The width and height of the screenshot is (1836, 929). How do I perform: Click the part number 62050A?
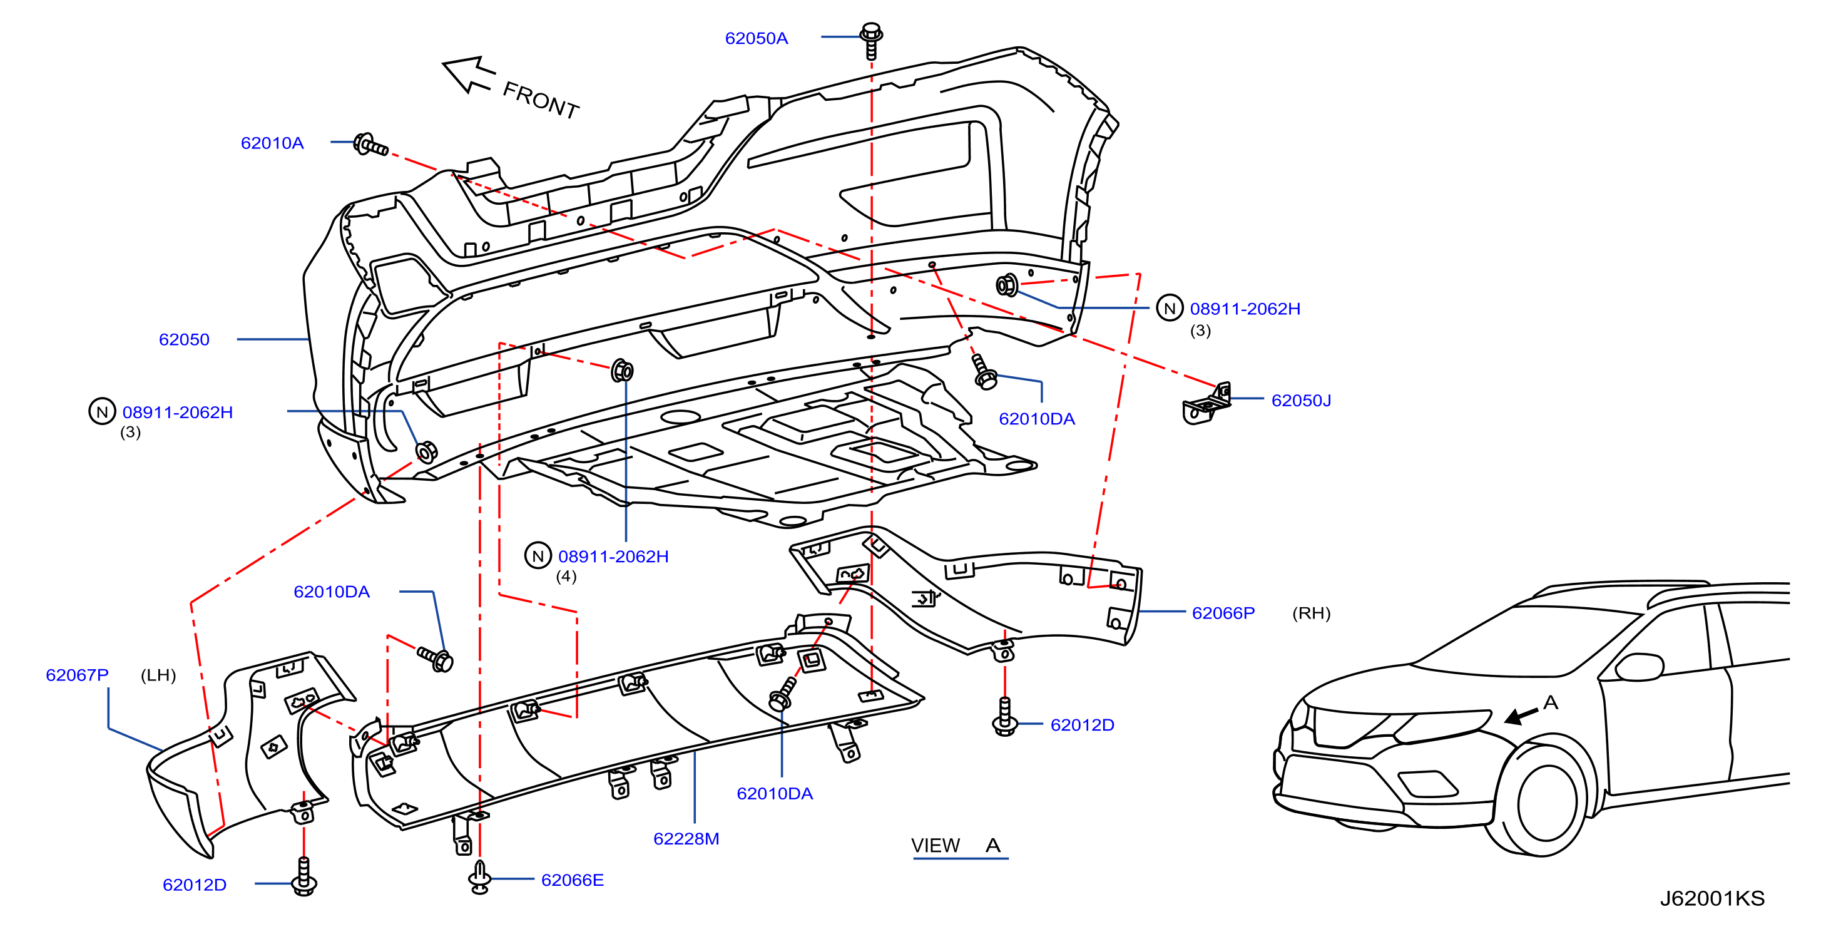pos(756,39)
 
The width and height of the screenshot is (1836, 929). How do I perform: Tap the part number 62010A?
pos(272,143)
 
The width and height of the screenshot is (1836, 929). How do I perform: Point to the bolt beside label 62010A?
pos(370,145)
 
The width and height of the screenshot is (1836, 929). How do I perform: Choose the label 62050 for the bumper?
pos(184,339)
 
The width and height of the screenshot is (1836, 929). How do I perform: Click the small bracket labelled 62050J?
pos(1206,404)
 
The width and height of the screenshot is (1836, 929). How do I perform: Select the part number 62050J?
pos(1302,401)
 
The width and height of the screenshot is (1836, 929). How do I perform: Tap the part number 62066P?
pos(1223,613)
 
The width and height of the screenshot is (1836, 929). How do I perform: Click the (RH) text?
pos(1312,613)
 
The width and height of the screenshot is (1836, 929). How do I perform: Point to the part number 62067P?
pos(77,675)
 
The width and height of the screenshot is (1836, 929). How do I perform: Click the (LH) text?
pos(158,675)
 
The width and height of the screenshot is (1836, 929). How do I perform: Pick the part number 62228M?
pos(686,838)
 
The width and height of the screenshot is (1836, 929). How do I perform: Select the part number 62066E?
pos(573,880)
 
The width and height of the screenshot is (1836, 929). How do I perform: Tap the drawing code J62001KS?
pos(1712,898)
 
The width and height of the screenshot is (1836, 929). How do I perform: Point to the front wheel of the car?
pos(1548,802)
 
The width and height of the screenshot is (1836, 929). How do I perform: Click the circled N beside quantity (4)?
pos(538,556)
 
